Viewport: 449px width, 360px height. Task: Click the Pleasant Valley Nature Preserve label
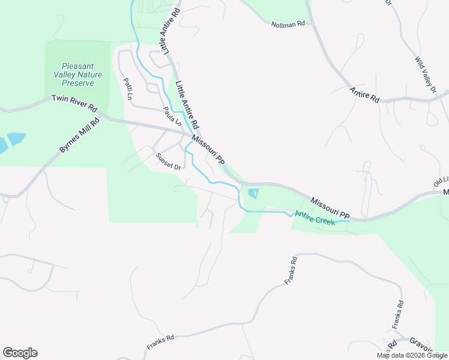point(78,75)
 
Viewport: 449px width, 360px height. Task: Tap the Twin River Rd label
point(74,103)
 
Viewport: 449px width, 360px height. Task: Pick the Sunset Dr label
point(168,161)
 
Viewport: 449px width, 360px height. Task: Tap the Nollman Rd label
point(288,24)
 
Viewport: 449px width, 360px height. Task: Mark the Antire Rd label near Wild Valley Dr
point(365,95)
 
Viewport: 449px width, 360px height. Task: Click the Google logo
point(20,353)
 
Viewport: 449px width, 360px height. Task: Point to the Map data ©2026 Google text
point(411,355)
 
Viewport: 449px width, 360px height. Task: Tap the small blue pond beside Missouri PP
point(253,193)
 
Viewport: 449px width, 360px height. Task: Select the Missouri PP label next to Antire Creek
point(330,206)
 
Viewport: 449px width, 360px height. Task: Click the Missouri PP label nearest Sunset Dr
point(208,150)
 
